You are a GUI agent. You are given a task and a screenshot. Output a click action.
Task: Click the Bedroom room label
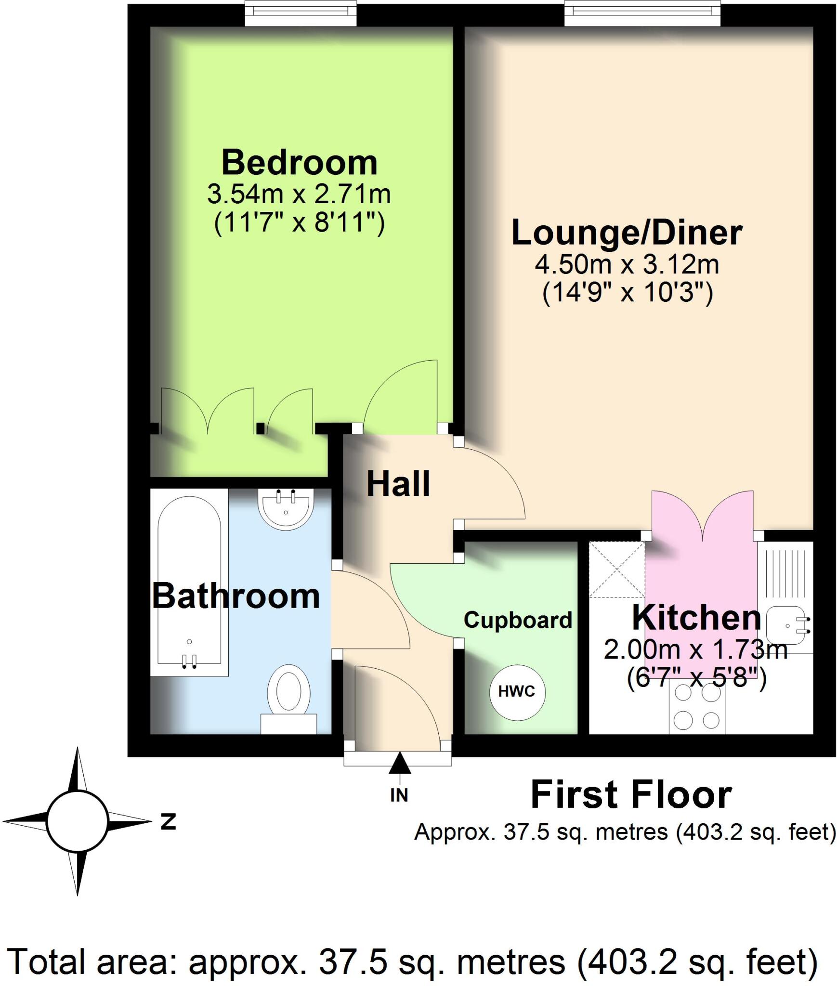[x=299, y=163]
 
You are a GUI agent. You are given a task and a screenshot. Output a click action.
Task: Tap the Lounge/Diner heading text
[x=627, y=233]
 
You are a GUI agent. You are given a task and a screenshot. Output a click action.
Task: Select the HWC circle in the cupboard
[x=516, y=692]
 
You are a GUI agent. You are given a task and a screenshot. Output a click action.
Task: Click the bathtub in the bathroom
[x=189, y=583]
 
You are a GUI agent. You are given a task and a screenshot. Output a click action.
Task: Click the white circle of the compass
[x=77, y=821]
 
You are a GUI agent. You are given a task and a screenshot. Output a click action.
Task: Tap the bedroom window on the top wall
[x=301, y=13]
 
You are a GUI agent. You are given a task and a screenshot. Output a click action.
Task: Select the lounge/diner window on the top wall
[x=642, y=13]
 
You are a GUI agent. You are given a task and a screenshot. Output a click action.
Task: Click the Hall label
[x=398, y=484]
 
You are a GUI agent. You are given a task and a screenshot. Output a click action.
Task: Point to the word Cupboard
[x=518, y=620]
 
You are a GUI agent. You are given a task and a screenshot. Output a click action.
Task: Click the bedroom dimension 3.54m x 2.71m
[x=299, y=195]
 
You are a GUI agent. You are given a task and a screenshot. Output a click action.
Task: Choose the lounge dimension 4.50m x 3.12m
[x=627, y=264]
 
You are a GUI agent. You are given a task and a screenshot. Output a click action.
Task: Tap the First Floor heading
[x=631, y=795]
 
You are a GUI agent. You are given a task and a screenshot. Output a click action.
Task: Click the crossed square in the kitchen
[x=617, y=569]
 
